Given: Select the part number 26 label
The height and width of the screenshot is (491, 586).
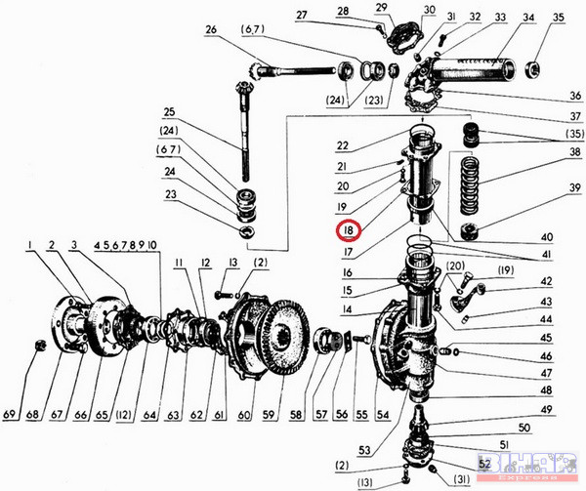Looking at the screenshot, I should [211, 29].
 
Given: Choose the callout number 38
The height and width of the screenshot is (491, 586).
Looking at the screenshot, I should [546, 153].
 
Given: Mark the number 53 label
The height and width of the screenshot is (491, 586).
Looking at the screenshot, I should [363, 450].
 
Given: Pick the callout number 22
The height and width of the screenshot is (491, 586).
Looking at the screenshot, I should [343, 146].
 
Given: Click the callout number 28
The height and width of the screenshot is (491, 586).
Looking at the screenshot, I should [344, 10].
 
